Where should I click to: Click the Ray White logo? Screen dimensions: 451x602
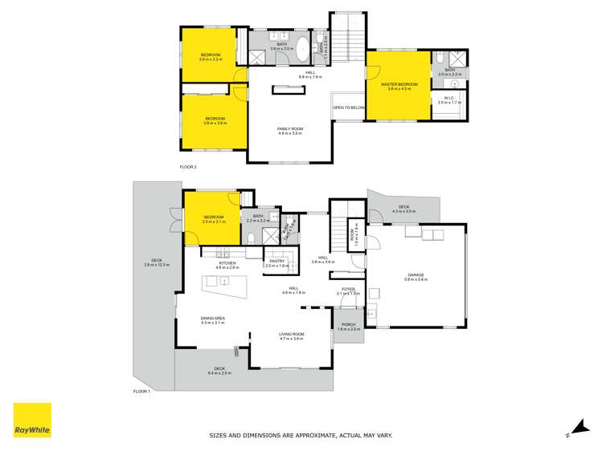(32, 421)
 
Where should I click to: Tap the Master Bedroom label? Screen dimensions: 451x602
(399, 86)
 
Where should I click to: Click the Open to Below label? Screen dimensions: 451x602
(349, 107)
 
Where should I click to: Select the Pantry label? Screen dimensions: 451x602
(276, 262)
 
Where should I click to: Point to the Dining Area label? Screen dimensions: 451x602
(213, 320)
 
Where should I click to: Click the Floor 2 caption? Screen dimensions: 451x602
(188, 167)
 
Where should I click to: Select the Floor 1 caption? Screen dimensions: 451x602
(141, 391)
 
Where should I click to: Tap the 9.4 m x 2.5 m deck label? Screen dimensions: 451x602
(219, 371)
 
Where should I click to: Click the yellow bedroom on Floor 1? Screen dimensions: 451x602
(212, 218)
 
